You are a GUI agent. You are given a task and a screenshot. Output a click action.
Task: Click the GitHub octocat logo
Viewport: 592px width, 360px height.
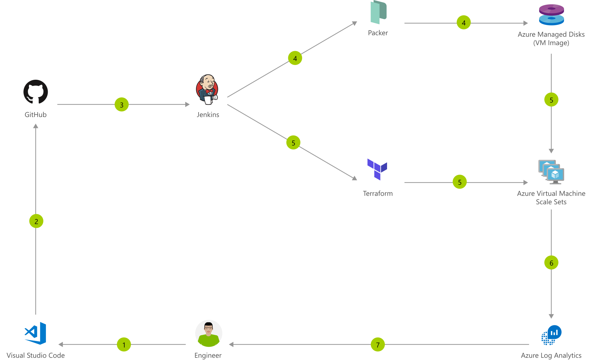[x=36, y=92]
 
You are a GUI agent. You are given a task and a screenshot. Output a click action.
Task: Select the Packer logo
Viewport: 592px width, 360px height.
[x=378, y=12]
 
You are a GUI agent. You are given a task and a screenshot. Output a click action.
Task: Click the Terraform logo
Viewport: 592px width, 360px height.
[x=377, y=169]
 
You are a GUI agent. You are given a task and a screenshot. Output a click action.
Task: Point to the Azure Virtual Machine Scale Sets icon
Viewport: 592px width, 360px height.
[x=551, y=172]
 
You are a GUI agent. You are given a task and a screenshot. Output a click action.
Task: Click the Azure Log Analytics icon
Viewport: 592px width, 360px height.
[x=551, y=335]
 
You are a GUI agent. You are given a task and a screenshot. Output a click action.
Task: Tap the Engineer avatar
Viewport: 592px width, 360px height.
[x=208, y=333]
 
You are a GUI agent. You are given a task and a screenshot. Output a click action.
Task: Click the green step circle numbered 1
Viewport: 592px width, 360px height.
[x=124, y=344]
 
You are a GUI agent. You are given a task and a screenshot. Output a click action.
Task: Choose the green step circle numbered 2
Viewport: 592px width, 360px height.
[x=36, y=221]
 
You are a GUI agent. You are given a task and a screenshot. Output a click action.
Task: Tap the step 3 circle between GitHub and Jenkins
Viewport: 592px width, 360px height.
[x=121, y=105]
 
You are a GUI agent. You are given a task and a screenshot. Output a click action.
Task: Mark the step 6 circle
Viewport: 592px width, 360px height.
[x=551, y=263]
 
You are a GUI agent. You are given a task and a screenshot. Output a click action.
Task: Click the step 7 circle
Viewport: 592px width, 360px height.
[x=378, y=344]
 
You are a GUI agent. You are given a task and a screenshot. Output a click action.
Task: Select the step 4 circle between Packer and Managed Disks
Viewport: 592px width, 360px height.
[x=463, y=23]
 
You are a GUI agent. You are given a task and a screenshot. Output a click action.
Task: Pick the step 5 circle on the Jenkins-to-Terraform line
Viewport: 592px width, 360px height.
[x=293, y=142]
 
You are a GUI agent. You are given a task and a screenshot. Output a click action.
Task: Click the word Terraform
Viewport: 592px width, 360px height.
[x=378, y=194]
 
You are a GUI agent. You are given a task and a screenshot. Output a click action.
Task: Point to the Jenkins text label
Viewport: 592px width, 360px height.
[x=208, y=115]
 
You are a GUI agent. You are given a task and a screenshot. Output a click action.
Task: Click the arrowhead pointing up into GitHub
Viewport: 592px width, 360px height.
[x=36, y=126]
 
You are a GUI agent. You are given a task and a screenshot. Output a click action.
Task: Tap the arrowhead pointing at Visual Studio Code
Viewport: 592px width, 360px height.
[x=61, y=344]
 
